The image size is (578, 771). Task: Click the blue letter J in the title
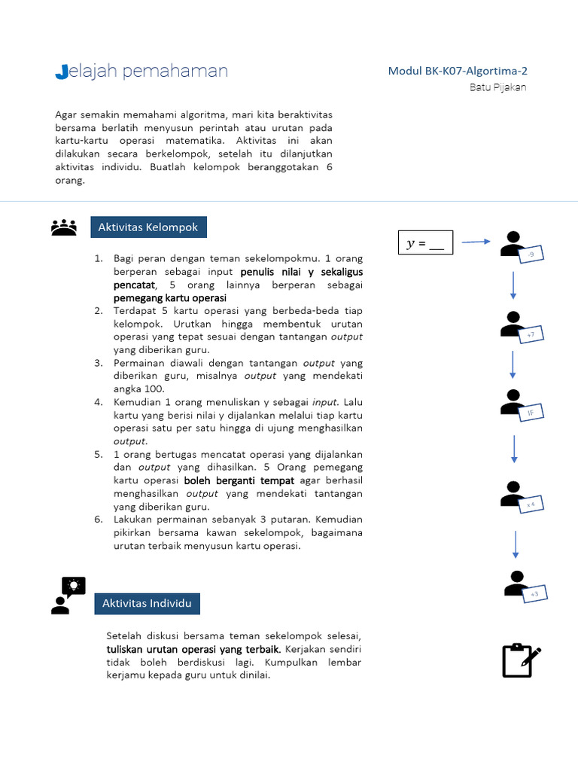(x=62, y=72)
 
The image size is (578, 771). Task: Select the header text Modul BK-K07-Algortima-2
(x=458, y=72)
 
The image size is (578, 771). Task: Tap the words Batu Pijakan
(x=497, y=87)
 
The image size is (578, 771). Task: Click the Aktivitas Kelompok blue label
(x=148, y=227)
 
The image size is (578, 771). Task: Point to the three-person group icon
(x=64, y=227)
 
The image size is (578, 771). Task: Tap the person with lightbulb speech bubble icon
(x=67, y=595)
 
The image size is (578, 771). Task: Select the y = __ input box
(x=425, y=243)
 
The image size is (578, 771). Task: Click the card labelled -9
(x=531, y=255)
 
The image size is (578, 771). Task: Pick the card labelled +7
(x=531, y=334)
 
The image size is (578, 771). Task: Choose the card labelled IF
(x=531, y=413)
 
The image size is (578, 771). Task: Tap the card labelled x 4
(x=531, y=503)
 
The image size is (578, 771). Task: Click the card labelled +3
(x=534, y=594)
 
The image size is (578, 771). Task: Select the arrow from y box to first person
(x=476, y=242)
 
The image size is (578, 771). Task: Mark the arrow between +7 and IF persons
(x=513, y=364)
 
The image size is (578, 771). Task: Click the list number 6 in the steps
(x=98, y=520)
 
